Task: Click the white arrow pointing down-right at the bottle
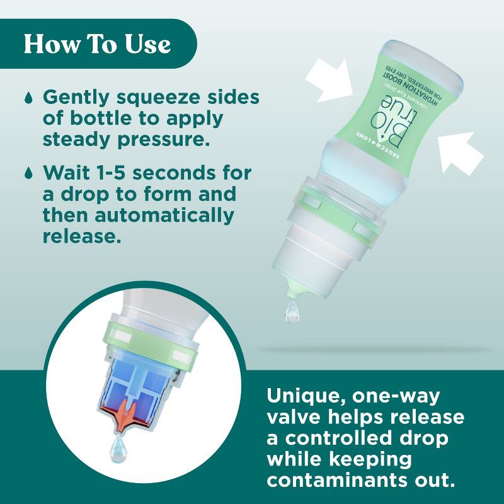pyautogui.click(x=330, y=79)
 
